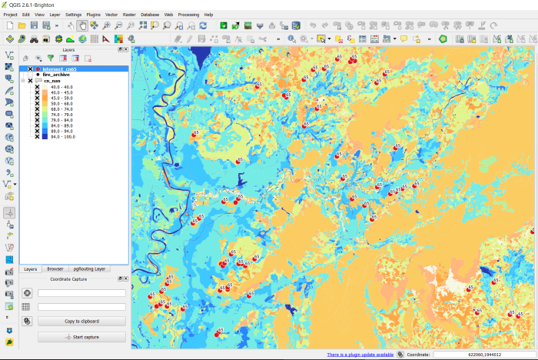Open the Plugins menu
tap(93, 15)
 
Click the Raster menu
tap(130, 15)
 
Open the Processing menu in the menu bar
tap(188, 15)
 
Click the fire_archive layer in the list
tap(56, 75)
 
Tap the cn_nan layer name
tap(52, 81)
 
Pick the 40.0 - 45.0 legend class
tap(61, 92)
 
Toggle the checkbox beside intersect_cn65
tap(31, 68)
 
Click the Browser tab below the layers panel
tap(55, 269)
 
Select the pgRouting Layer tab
tap(91, 269)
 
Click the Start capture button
tap(81, 337)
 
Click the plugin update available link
tap(360, 355)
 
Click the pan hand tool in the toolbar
tap(82, 25)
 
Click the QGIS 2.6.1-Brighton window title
tap(31, 5)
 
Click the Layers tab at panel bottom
tap(31, 269)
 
